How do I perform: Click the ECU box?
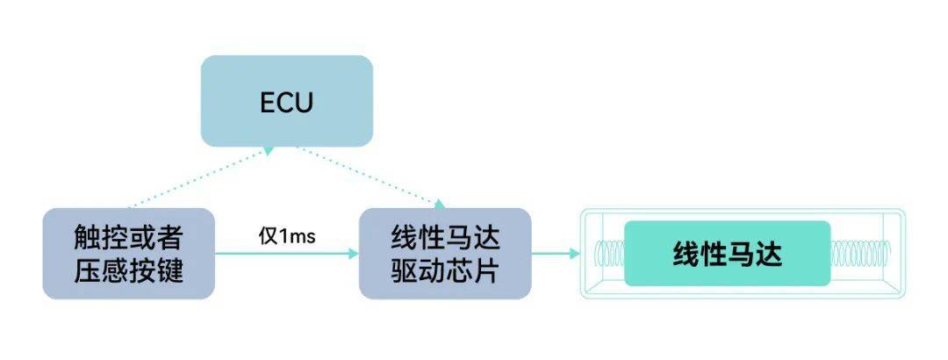(287, 101)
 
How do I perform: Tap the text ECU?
(287, 102)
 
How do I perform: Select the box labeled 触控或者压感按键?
(128, 254)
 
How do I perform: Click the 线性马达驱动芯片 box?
(445, 254)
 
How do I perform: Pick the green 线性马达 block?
(727, 254)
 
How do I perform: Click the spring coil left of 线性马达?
(609, 254)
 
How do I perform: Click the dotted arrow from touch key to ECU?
(197, 180)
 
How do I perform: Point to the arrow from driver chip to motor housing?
(553, 254)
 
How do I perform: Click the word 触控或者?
(128, 238)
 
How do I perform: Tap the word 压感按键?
(128, 270)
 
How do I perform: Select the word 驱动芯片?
(445, 270)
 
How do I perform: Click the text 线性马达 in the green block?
(727, 254)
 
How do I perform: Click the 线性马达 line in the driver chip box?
(445, 238)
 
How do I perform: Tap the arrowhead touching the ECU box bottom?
(268, 151)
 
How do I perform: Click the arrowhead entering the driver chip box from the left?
(353, 254)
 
